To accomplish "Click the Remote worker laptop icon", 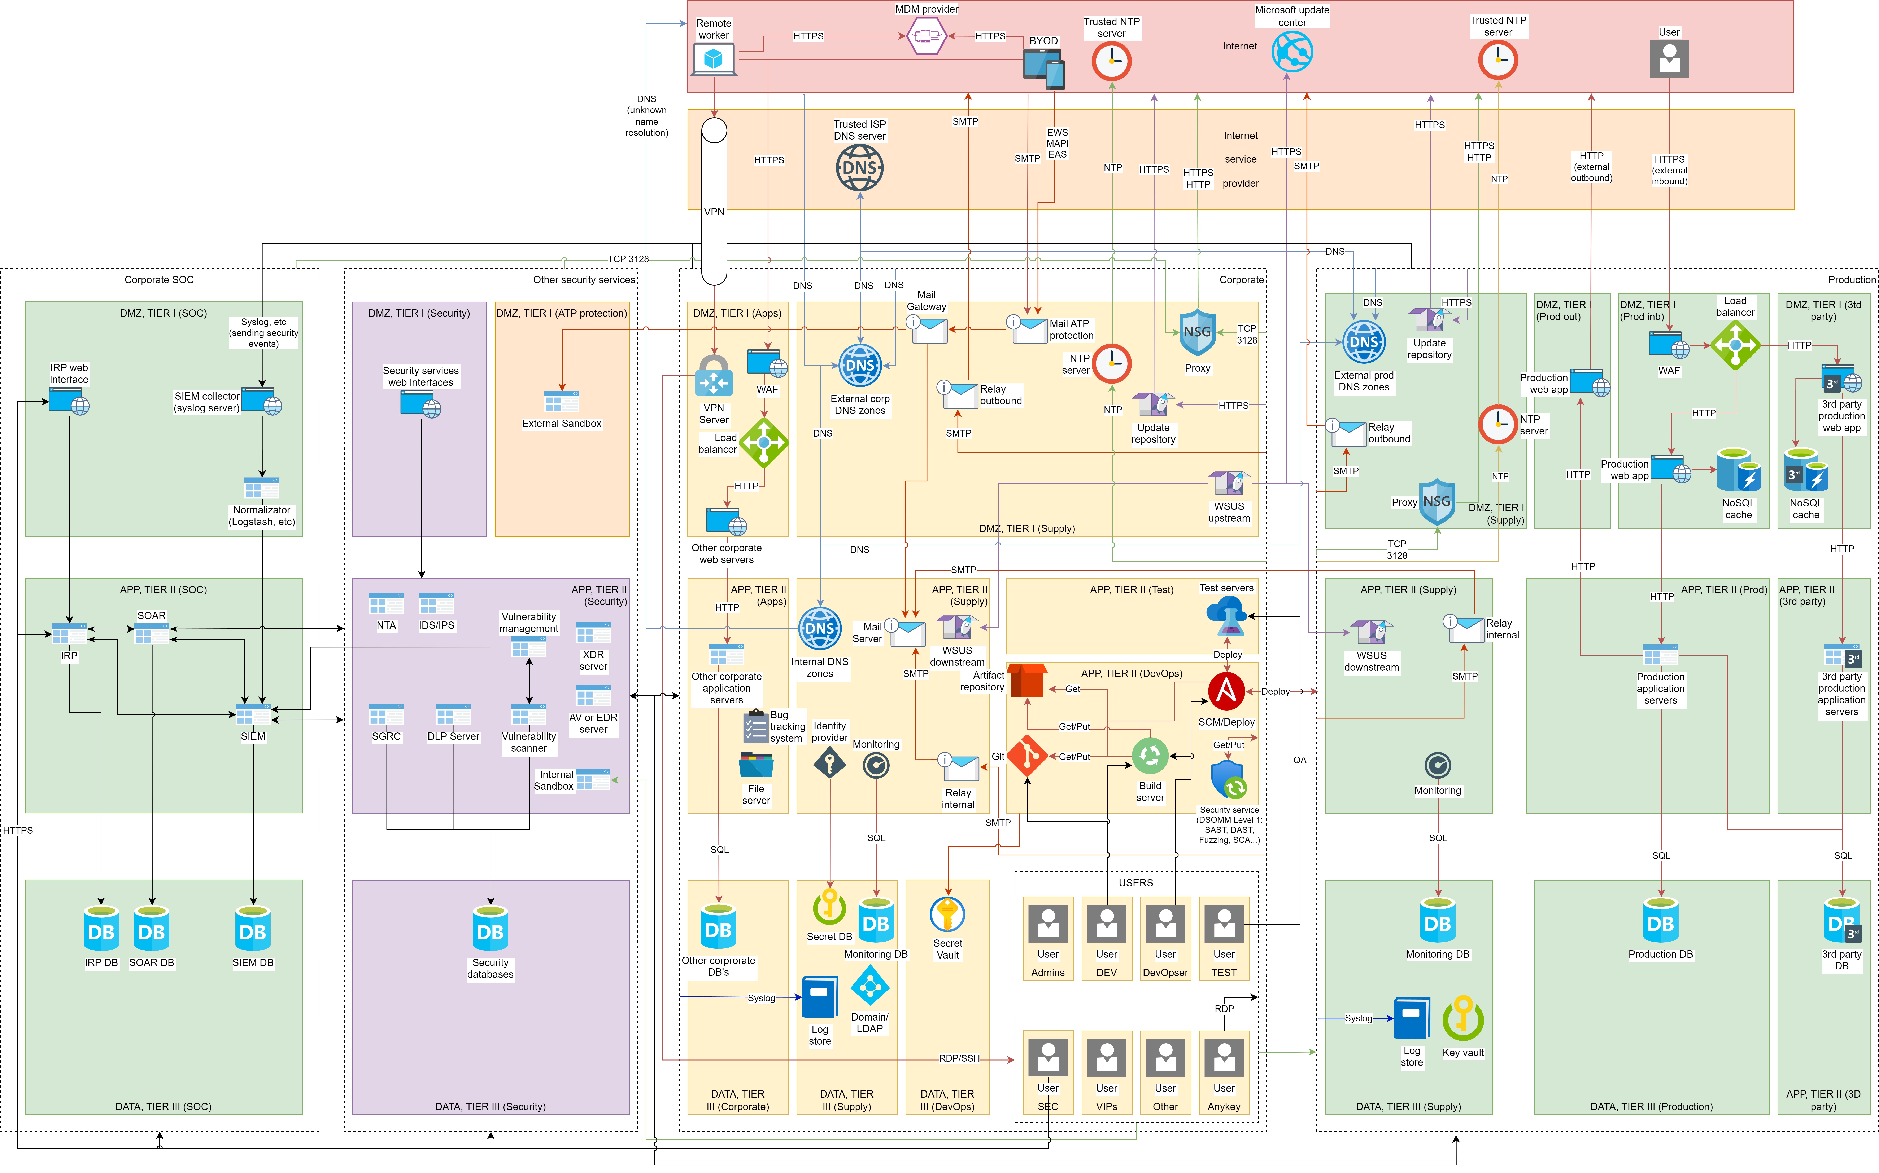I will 713,59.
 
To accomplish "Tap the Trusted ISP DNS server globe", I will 859,168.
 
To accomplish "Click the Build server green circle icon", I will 1150,756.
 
